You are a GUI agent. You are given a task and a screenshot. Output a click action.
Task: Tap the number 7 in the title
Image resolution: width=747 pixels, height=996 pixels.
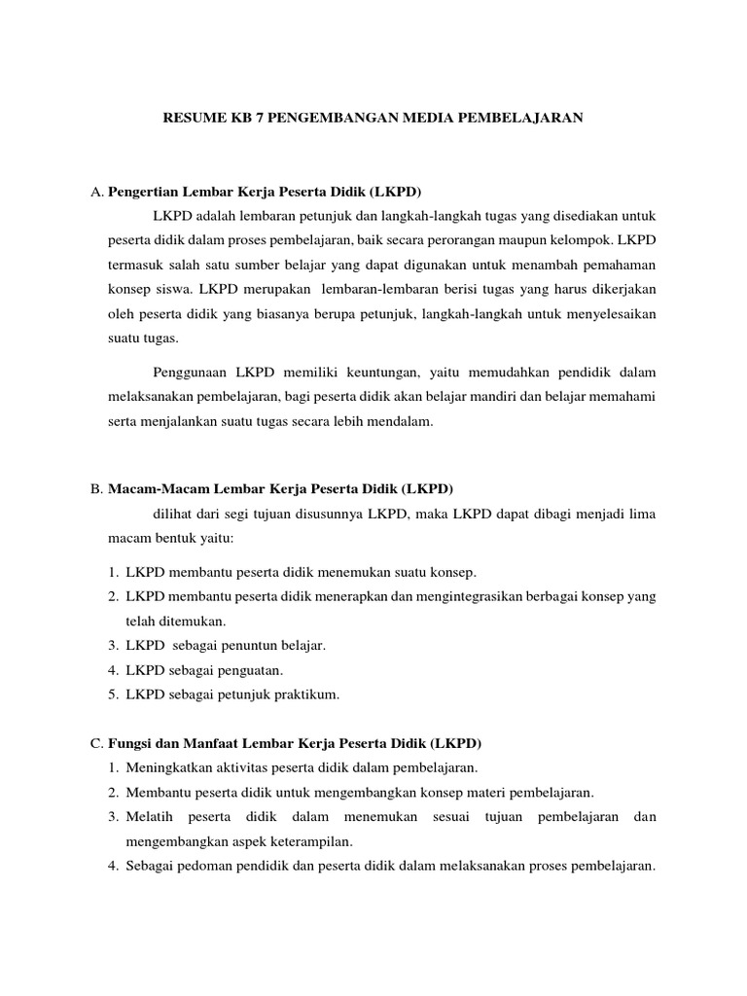[260, 118]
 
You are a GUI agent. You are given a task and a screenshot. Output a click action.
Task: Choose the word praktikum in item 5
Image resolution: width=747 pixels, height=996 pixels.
[305, 694]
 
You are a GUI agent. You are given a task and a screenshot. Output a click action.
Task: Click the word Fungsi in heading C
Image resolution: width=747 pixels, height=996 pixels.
[129, 743]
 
